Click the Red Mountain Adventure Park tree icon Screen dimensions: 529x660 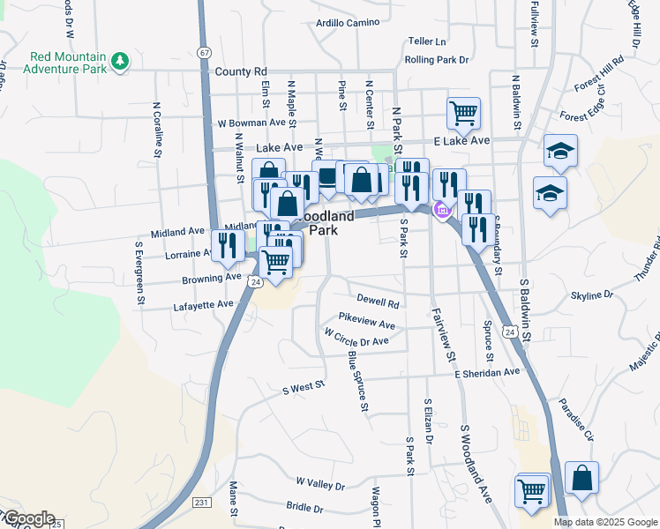[x=120, y=62]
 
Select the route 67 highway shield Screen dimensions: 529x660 [x=205, y=53]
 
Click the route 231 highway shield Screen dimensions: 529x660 [x=202, y=503]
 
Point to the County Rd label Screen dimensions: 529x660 [x=240, y=71]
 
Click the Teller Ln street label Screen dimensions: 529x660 [x=427, y=41]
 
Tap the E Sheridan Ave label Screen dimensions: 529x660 [x=487, y=372]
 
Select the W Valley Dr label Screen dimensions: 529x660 [x=320, y=483]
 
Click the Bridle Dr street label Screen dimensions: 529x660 [x=304, y=508]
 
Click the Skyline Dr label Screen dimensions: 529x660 [x=591, y=294]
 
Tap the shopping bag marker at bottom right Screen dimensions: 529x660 [x=581, y=478]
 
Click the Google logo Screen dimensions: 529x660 [x=28, y=518]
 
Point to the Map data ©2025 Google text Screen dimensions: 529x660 [x=604, y=522]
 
